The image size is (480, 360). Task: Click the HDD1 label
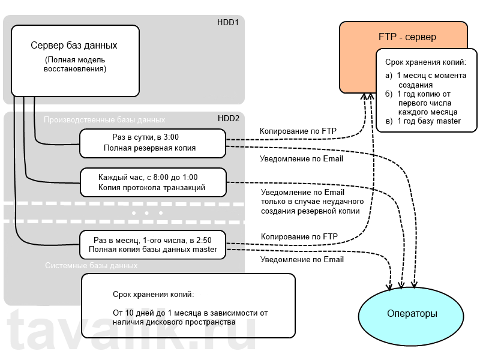pos(228,23)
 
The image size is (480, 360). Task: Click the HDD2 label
pos(228,118)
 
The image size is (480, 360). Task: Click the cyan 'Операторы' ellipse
pos(411,313)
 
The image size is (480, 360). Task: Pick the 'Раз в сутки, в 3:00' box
pos(152,142)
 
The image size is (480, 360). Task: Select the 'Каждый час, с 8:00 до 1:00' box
pos(153,182)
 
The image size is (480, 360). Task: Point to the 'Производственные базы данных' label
pos(104,119)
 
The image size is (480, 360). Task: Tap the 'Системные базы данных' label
pos(91,265)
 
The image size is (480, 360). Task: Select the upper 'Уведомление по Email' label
pos(301,159)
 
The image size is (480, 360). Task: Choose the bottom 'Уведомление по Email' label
pos(302,259)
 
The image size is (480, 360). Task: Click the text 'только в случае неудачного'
pos(308,202)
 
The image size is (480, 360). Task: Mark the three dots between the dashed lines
pos(147,213)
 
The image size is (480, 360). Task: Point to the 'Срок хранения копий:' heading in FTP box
pos(425,62)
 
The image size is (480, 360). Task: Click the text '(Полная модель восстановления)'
pos(75,64)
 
